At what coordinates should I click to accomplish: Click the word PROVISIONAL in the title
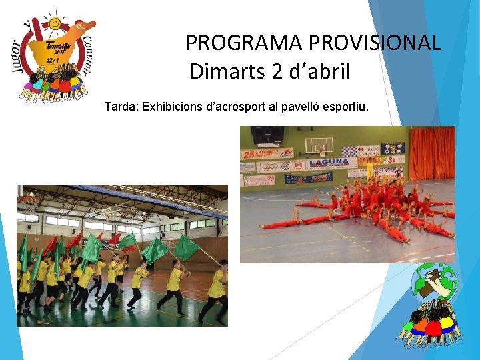[373, 43]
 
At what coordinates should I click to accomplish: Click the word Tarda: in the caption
[121, 107]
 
